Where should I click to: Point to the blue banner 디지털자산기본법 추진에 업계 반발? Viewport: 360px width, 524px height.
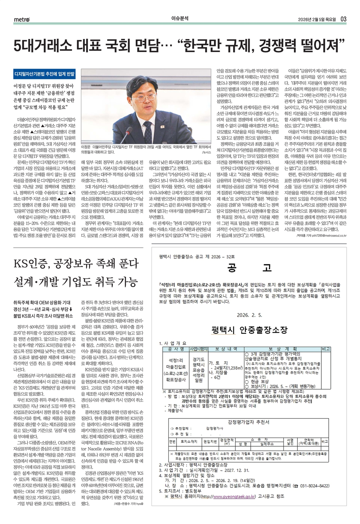pos(44,74)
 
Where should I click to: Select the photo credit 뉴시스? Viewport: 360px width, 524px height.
pos(207,153)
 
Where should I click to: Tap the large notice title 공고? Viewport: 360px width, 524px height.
pos(250,268)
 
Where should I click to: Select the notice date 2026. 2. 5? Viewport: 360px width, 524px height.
pos(250,315)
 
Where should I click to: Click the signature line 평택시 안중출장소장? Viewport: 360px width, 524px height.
pos(250,330)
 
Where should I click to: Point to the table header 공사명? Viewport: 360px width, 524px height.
pos(176,349)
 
